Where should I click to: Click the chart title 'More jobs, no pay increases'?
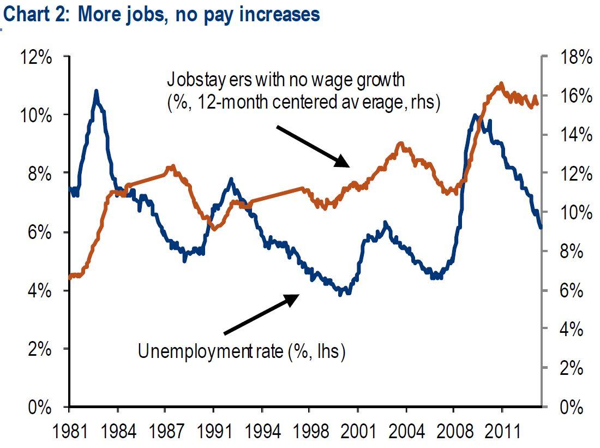[161, 14]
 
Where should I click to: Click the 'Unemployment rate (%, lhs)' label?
[242, 351]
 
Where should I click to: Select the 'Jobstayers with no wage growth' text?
[286, 80]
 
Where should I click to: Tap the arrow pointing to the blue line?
[261, 314]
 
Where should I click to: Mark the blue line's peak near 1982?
[96, 91]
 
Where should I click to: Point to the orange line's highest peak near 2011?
[501, 84]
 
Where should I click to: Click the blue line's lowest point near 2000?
[341, 294]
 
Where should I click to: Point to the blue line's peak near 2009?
[475, 115]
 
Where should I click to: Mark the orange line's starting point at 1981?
[70, 277]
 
